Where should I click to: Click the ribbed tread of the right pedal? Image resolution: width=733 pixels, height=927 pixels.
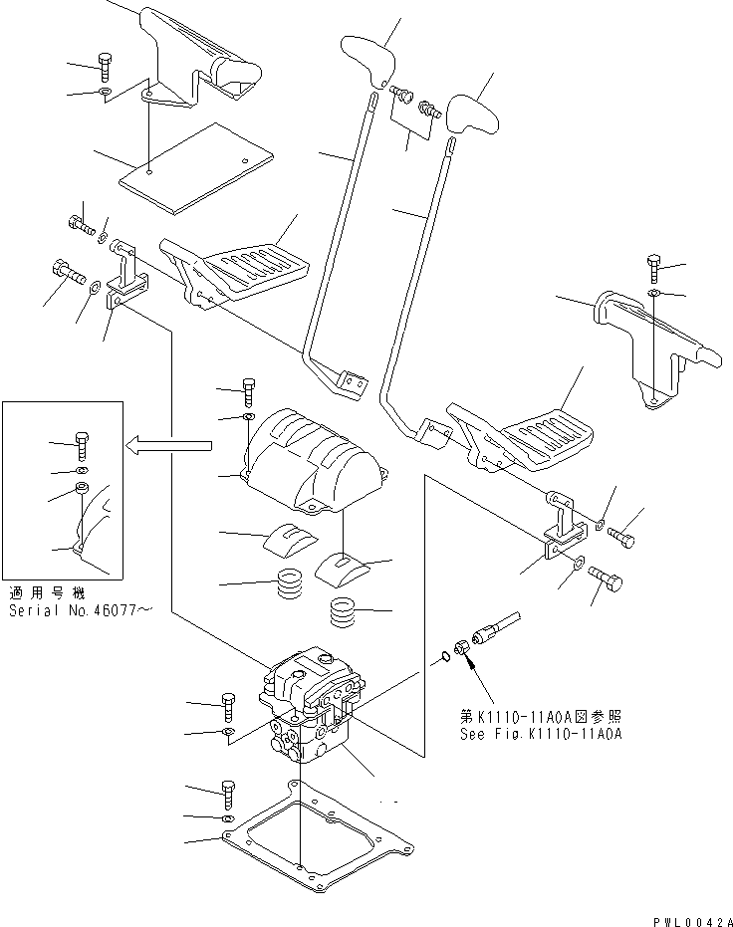pyautogui.click(x=547, y=433)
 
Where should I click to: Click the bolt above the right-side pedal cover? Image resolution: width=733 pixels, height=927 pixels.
pyautogui.click(x=653, y=267)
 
